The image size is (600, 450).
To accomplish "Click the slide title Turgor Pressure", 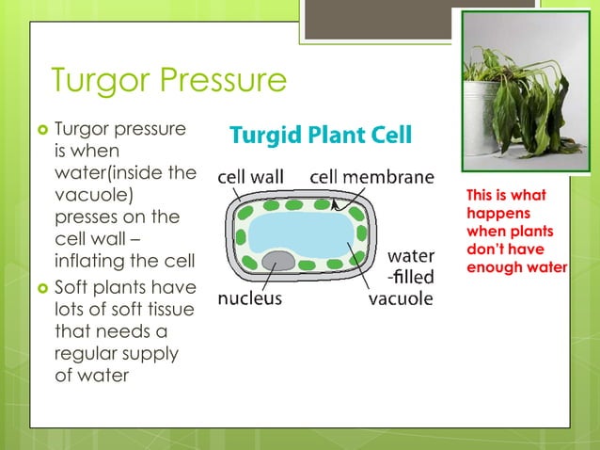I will (x=168, y=81).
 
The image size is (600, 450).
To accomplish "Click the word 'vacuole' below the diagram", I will (x=400, y=299).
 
